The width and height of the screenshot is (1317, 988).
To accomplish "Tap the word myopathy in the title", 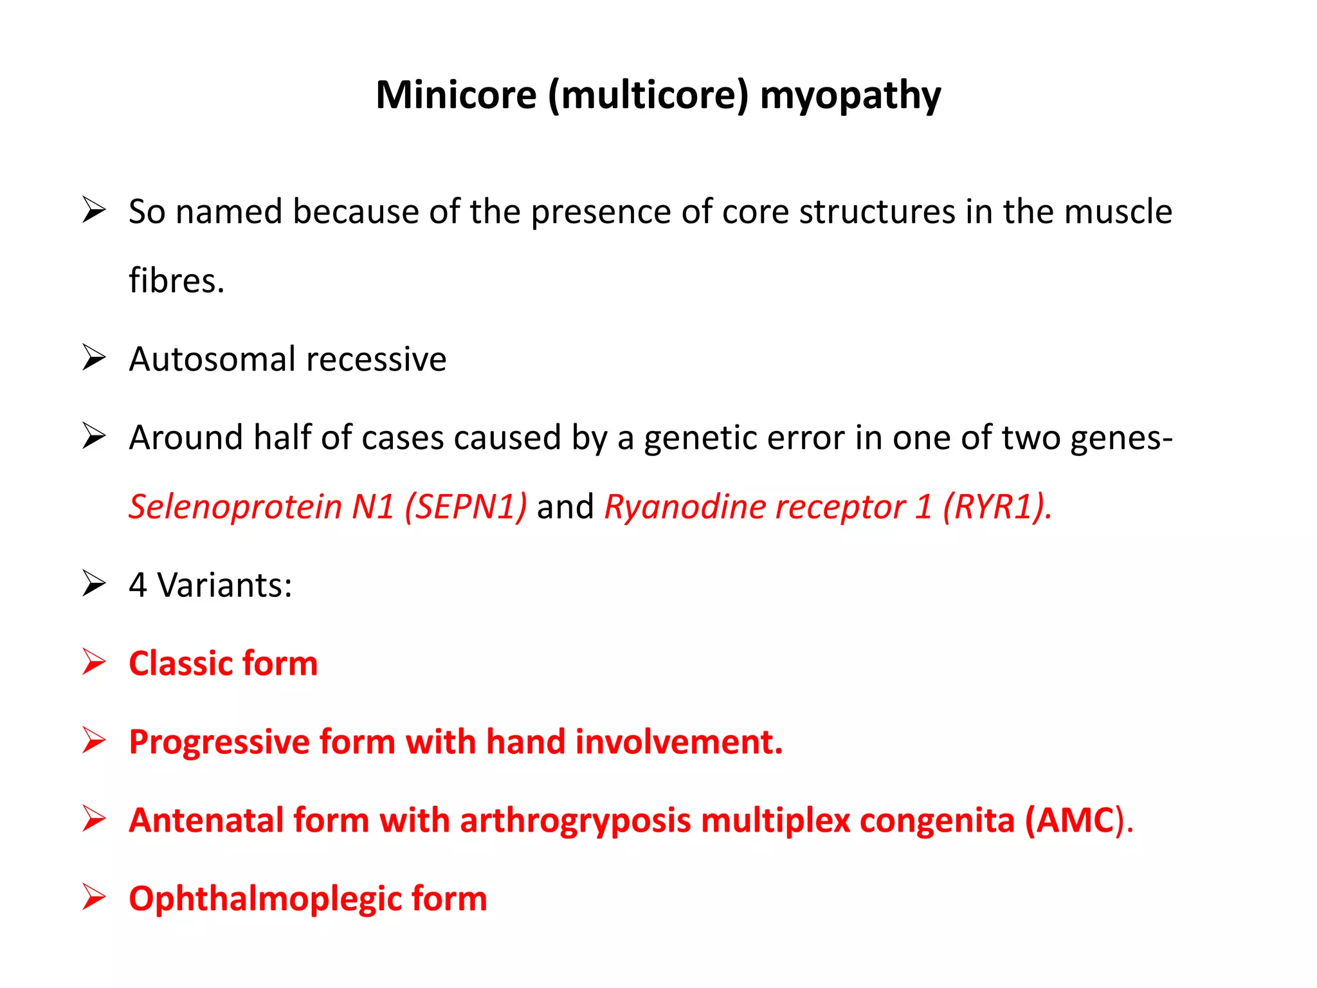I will coord(850,96).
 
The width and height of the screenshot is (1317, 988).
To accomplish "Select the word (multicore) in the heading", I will coord(648,96).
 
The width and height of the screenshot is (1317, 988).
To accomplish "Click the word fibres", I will coord(176,280).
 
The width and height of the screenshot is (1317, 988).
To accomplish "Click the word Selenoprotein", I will coord(235,506).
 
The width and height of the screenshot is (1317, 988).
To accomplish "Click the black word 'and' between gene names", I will coord(565,506).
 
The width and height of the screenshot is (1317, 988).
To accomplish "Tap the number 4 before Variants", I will coord(138,585).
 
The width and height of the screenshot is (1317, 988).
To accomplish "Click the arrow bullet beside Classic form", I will coord(94,663).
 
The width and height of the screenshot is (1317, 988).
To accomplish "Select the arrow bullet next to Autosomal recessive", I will coord(94,358).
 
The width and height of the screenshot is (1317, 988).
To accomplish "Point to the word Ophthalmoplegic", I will coord(264,899).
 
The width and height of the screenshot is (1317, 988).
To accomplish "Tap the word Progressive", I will coord(219,742).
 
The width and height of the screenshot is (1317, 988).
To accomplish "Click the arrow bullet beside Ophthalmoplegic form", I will coord(94,898).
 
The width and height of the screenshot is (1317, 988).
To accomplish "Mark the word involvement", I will coord(679,742).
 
